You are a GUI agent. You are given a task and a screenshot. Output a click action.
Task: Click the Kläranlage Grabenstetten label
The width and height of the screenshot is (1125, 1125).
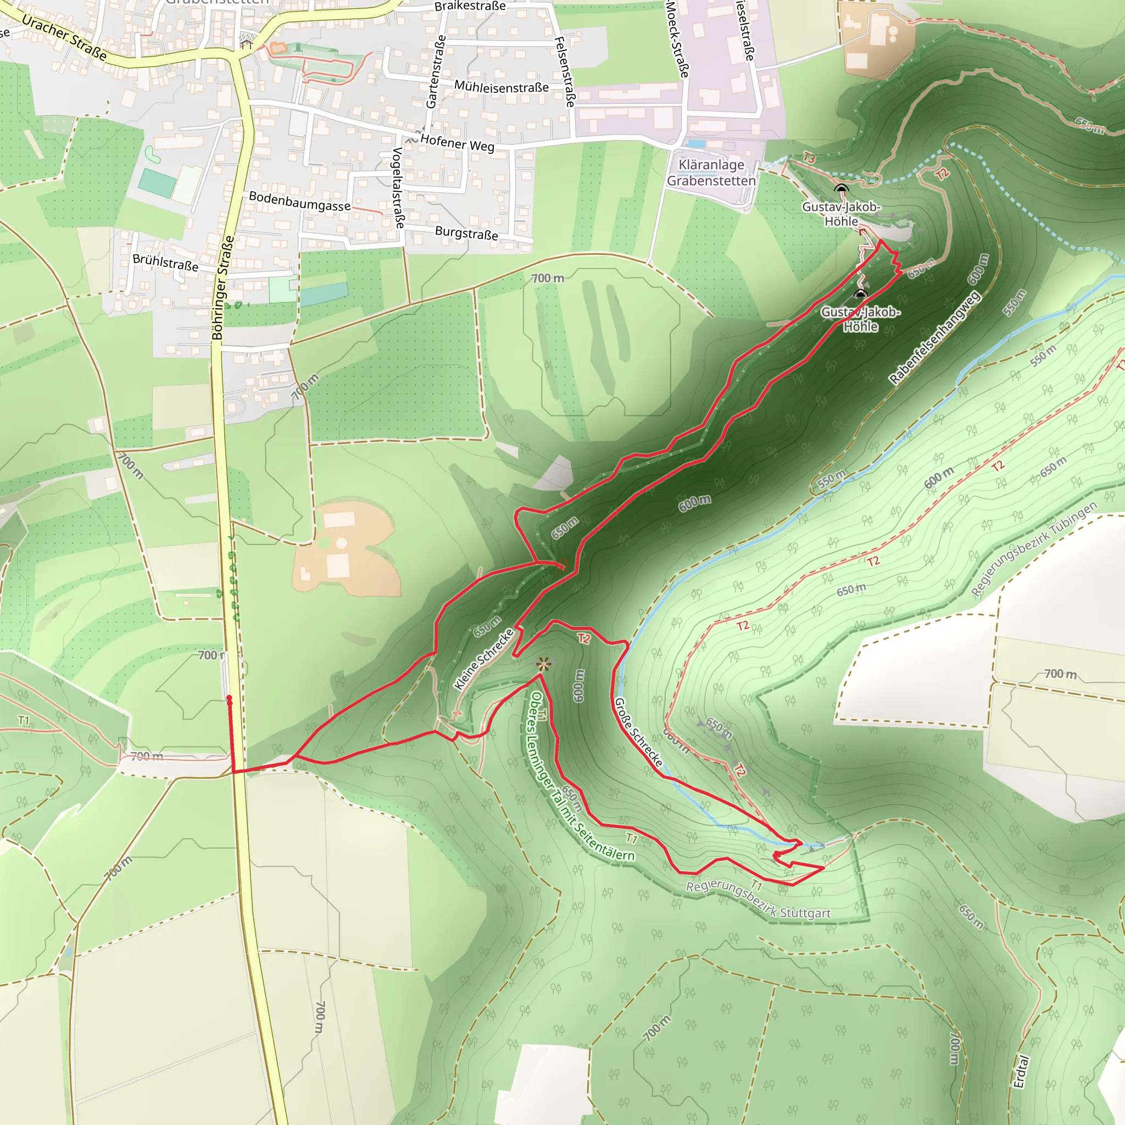click(x=711, y=173)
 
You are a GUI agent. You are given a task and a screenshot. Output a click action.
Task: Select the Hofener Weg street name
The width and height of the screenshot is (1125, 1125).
click(x=457, y=143)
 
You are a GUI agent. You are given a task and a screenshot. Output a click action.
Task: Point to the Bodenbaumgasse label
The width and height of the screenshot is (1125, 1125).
click(x=300, y=201)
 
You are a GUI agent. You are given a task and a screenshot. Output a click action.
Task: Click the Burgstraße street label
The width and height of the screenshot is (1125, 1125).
click(x=466, y=233)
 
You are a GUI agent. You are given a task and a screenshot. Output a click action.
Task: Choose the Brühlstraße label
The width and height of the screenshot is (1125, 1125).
click(x=165, y=262)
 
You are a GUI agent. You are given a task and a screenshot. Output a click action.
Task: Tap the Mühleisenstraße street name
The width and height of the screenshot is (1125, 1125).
click(x=502, y=87)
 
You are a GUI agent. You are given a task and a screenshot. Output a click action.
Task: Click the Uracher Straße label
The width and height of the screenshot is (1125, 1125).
click(x=65, y=38)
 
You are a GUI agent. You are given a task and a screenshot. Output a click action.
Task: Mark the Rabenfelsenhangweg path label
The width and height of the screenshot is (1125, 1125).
click(x=934, y=338)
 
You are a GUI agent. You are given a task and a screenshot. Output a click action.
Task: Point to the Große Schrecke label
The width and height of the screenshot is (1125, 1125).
click(x=639, y=732)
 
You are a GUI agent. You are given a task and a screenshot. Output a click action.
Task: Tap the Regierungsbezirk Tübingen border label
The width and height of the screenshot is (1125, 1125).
click(x=1034, y=549)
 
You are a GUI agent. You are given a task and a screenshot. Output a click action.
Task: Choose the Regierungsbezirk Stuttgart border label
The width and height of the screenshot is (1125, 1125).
click(x=758, y=900)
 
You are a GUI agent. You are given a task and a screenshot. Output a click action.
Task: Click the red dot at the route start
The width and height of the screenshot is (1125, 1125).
click(x=230, y=698)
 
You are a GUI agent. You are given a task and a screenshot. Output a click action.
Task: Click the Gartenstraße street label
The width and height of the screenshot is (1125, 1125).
click(x=436, y=71)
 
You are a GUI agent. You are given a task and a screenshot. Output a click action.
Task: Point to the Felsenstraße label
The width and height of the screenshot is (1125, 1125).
click(x=565, y=71)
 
